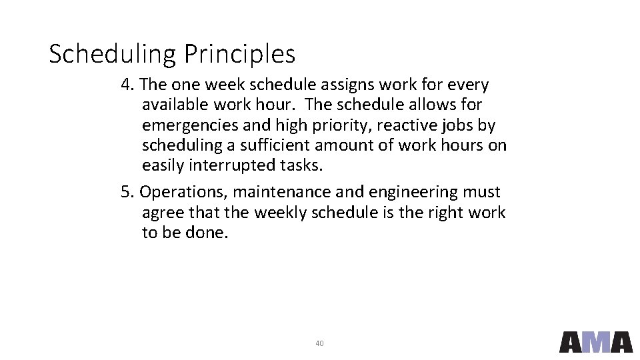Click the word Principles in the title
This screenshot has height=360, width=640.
click(x=239, y=55)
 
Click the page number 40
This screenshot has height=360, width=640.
click(x=319, y=343)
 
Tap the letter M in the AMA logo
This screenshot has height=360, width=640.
click(x=596, y=342)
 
